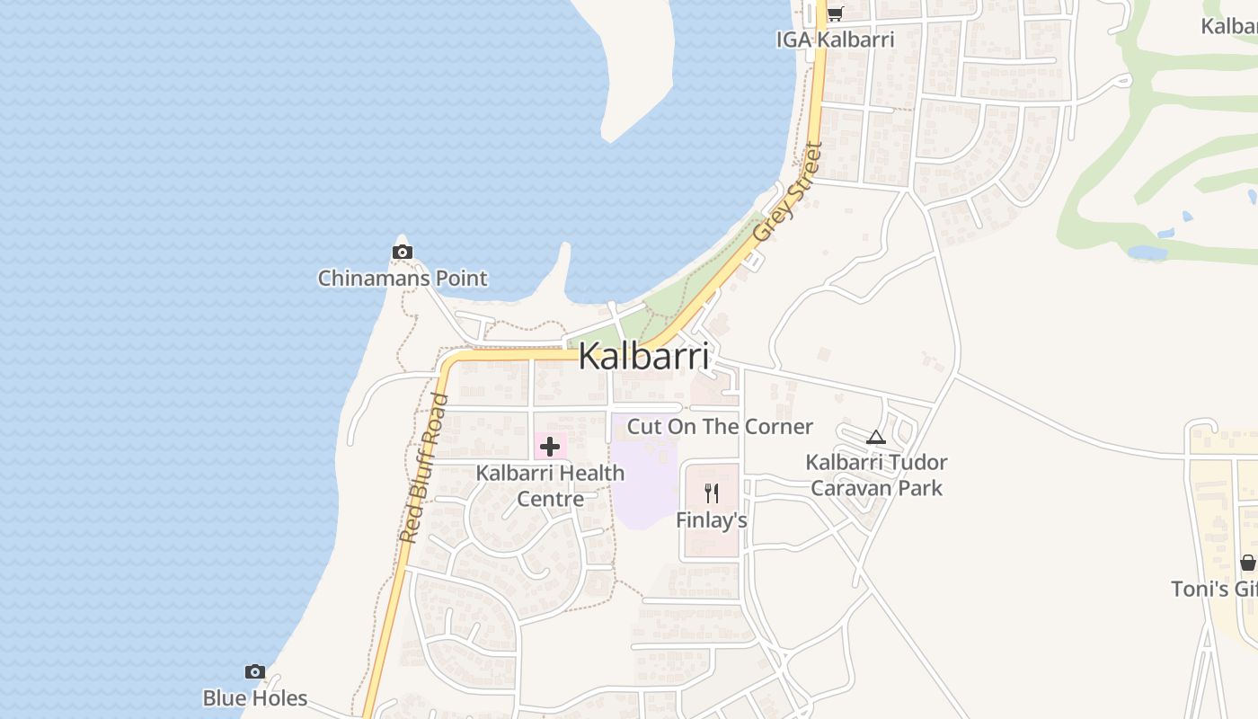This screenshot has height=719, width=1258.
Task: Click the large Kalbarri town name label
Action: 643,356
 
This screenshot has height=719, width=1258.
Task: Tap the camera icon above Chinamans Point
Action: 403,253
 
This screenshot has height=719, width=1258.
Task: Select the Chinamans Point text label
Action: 403,279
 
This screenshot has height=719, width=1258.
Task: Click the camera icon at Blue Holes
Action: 255,671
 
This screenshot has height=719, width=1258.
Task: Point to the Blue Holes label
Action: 255,698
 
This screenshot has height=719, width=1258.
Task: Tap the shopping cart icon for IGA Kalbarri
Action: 835,13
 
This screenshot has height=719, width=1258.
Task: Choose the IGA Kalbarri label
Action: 836,40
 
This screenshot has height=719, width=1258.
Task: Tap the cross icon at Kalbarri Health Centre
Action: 550,446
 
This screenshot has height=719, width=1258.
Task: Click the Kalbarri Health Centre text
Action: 550,485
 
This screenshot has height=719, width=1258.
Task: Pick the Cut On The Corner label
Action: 720,426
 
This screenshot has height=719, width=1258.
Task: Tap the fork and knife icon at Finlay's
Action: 712,493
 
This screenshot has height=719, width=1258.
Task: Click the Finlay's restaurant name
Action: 712,520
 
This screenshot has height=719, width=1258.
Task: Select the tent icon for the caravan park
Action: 876,438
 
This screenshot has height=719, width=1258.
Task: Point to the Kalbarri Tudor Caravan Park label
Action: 876,475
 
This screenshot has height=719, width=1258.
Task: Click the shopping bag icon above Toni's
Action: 1248,563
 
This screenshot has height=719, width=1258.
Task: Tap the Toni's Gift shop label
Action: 1214,589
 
